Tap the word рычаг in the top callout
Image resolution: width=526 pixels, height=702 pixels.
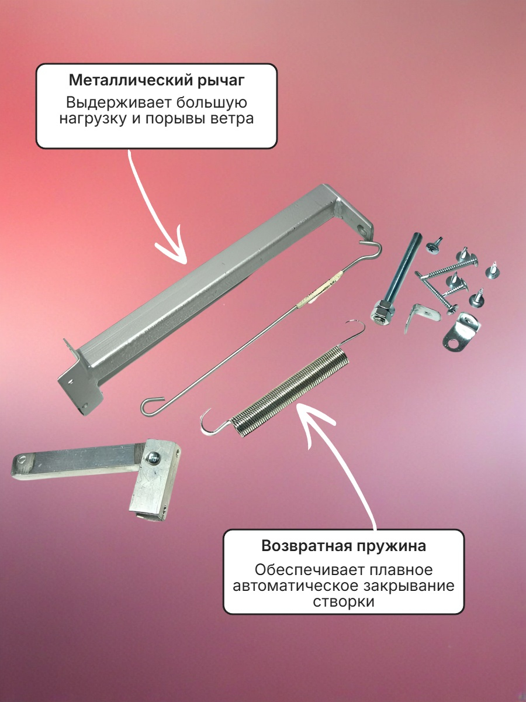point(221,81)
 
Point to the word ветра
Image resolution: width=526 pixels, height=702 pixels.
point(232,119)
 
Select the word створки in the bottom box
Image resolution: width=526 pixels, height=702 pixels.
point(343,601)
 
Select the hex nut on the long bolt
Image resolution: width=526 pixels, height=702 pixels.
point(382,311)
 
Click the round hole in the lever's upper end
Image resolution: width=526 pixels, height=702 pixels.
point(362,230)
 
